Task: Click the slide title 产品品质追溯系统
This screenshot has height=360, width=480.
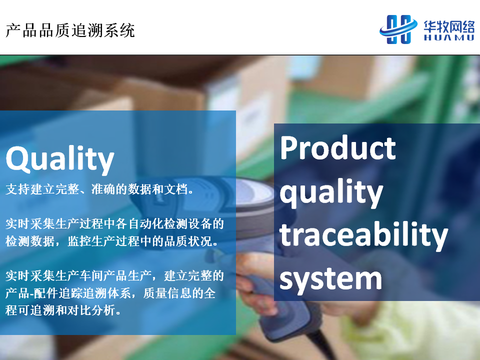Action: [x=70, y=30]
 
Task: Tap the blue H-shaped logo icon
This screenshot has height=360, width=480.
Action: [x=398, y=29]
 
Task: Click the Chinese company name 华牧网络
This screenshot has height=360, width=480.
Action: [x=449, y=26]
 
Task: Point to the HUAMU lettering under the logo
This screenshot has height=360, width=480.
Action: [x=449, y=37]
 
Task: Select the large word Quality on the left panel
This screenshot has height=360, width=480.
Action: [x=60, y=159]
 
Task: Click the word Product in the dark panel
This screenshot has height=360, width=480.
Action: [x=338, y=148]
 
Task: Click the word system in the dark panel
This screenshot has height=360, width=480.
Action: [x=330, y=278]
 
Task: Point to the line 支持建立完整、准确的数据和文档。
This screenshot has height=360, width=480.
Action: [x=99, y=189]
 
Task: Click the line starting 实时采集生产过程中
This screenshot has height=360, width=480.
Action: [x=115, y=224]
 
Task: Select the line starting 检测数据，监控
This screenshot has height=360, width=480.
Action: [x=112, y=241]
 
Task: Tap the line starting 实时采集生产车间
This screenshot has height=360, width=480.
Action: [x=115, y=276]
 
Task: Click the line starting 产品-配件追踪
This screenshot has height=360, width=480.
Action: [x=110, y=293]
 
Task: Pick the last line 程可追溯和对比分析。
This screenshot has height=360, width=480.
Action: [x=63, y=310]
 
